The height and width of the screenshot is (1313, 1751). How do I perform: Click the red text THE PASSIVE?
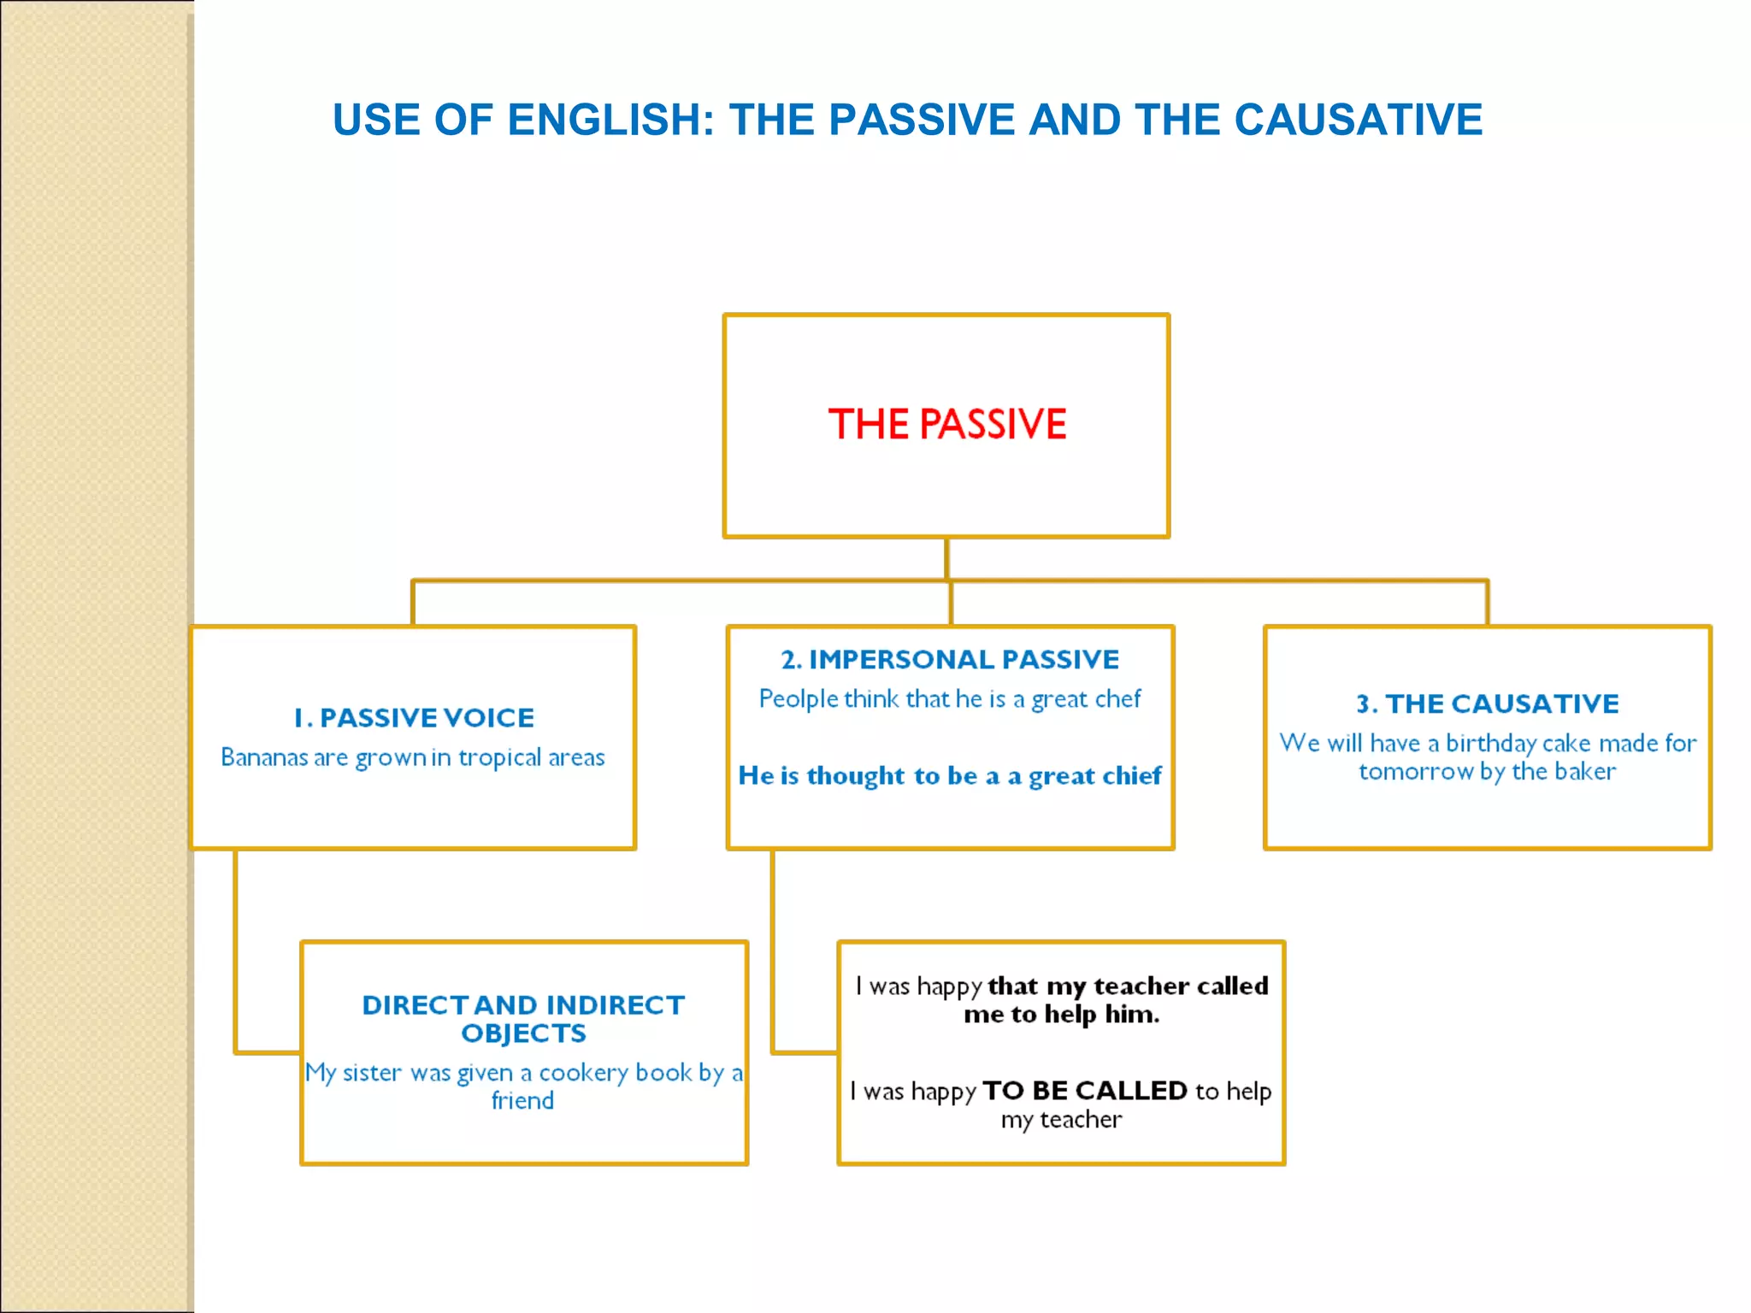point(946,424)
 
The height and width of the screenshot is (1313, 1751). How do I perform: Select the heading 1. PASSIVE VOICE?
point(414,718)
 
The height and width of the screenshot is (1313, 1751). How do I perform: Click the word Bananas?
point(263,757)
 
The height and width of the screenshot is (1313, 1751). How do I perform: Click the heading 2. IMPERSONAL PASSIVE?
point(950,660)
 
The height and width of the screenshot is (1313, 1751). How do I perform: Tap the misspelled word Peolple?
point(799,699)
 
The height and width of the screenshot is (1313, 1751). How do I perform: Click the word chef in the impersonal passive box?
point(1120,699)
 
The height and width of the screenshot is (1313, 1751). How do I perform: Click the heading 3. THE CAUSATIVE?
point(1488,704)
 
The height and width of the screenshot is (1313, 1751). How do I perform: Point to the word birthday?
point(1490,744)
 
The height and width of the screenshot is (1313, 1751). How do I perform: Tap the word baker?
point(1586,772)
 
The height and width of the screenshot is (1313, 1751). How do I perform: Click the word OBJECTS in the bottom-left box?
point(523,1033)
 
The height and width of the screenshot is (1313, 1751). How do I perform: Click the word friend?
point(522,1101)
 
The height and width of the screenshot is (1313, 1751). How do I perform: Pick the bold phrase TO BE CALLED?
point(1084,1092)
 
